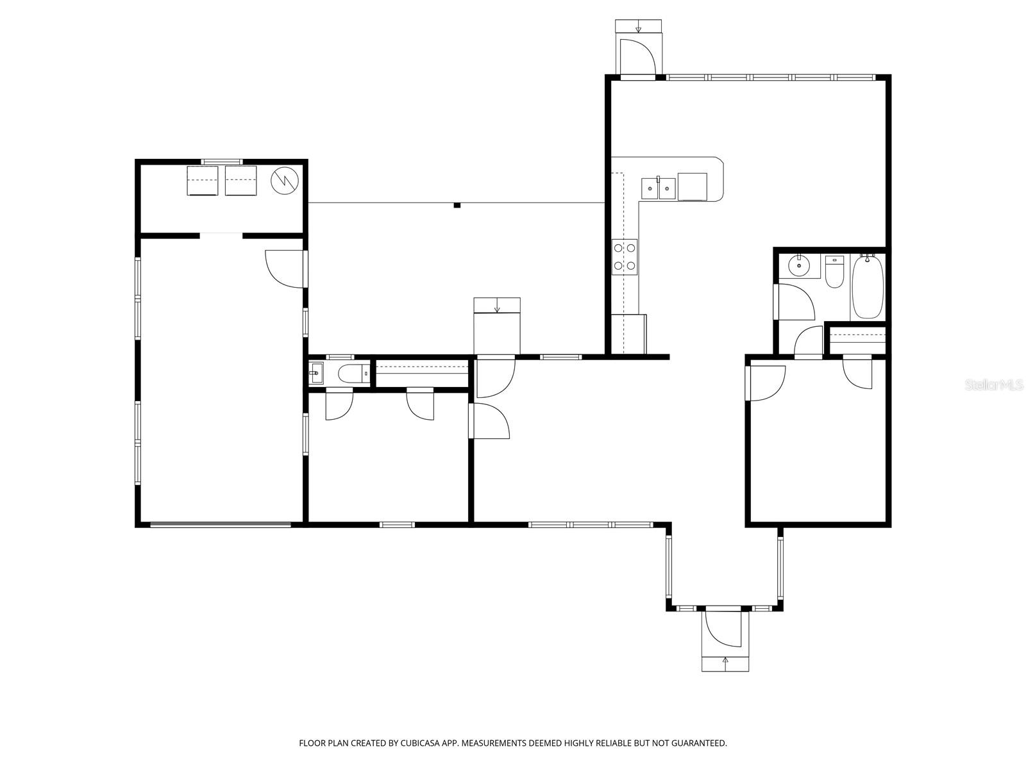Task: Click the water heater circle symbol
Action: [x=285, y=181]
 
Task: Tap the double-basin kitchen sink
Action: [x=658, y=188]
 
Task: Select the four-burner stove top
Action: [x=625, y=257]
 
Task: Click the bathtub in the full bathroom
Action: [x=868, y=287]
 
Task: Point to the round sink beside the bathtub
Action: [x=799, y=267]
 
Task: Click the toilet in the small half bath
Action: [x=351, y=374]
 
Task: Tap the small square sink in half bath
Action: [x=316, y=374]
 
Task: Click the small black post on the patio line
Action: [x=457, y=205]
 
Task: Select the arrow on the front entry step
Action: [x=725, y=660]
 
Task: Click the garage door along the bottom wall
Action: [x=220, y=525]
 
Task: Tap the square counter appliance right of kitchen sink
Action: [x=693, y=186]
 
